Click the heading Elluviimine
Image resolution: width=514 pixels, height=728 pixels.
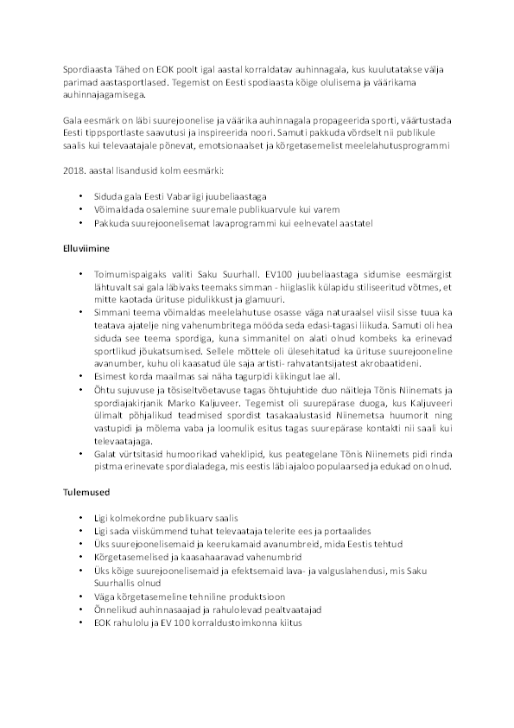[86, 246]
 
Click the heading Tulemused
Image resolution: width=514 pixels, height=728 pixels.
[85, 498]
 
